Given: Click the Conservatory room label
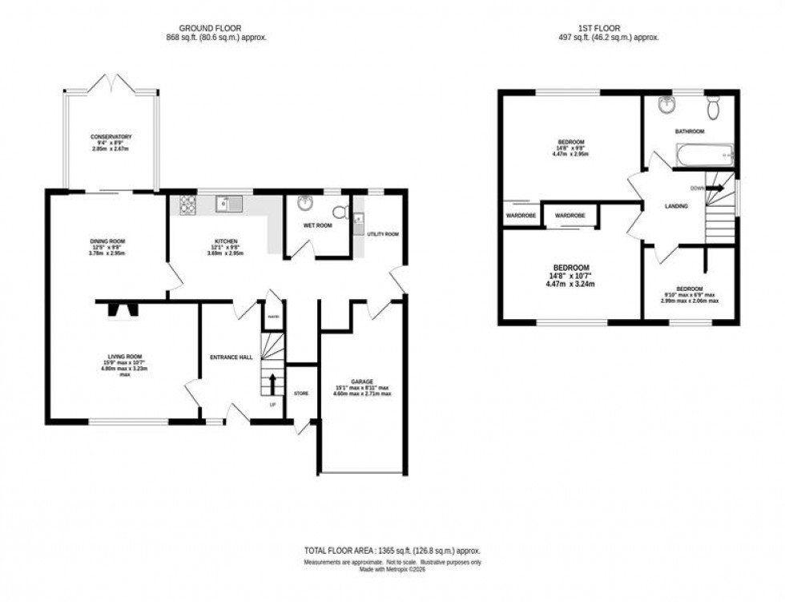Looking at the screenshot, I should click(x=111, y=137).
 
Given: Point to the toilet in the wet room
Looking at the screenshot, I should click(x=340, y=212).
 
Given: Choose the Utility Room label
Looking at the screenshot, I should click(x=383, y=234).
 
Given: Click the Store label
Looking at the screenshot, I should click(x=301, y=394).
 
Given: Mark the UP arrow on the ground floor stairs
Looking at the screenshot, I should click(x=272, y=383).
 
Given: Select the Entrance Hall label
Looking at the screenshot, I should click(x=231, y=357).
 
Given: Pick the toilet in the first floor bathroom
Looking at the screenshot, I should click(x=714, y=107).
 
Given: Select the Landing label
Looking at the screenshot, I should click(x=677, y=207).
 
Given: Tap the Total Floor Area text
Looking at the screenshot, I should click(x=392, y=551).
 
